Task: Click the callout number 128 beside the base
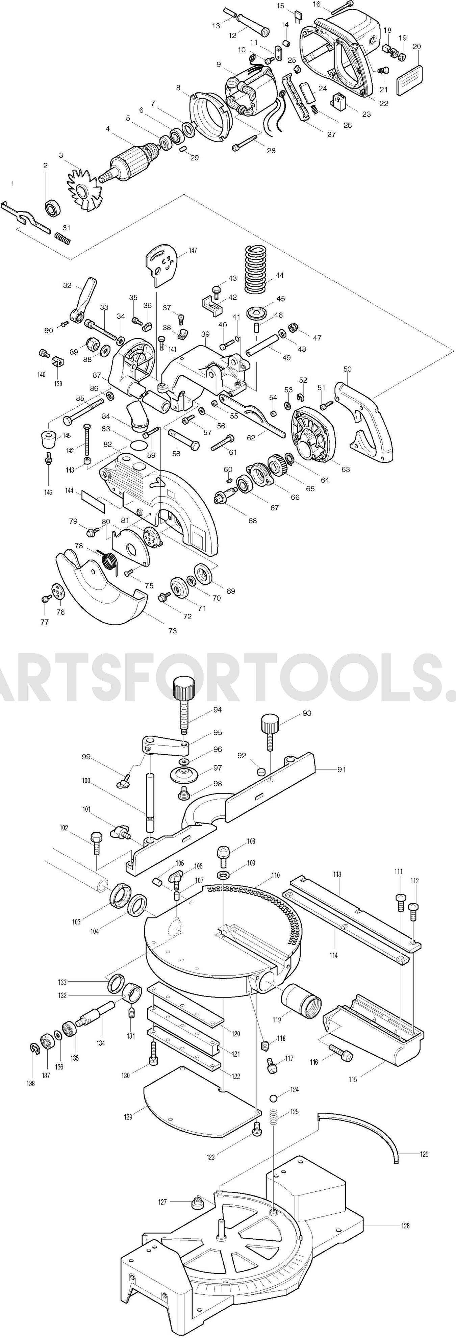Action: point(405,1226)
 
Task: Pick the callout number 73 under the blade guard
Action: point(172,631)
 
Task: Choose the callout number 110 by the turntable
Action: point(275,875)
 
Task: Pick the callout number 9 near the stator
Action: point(219,65)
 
